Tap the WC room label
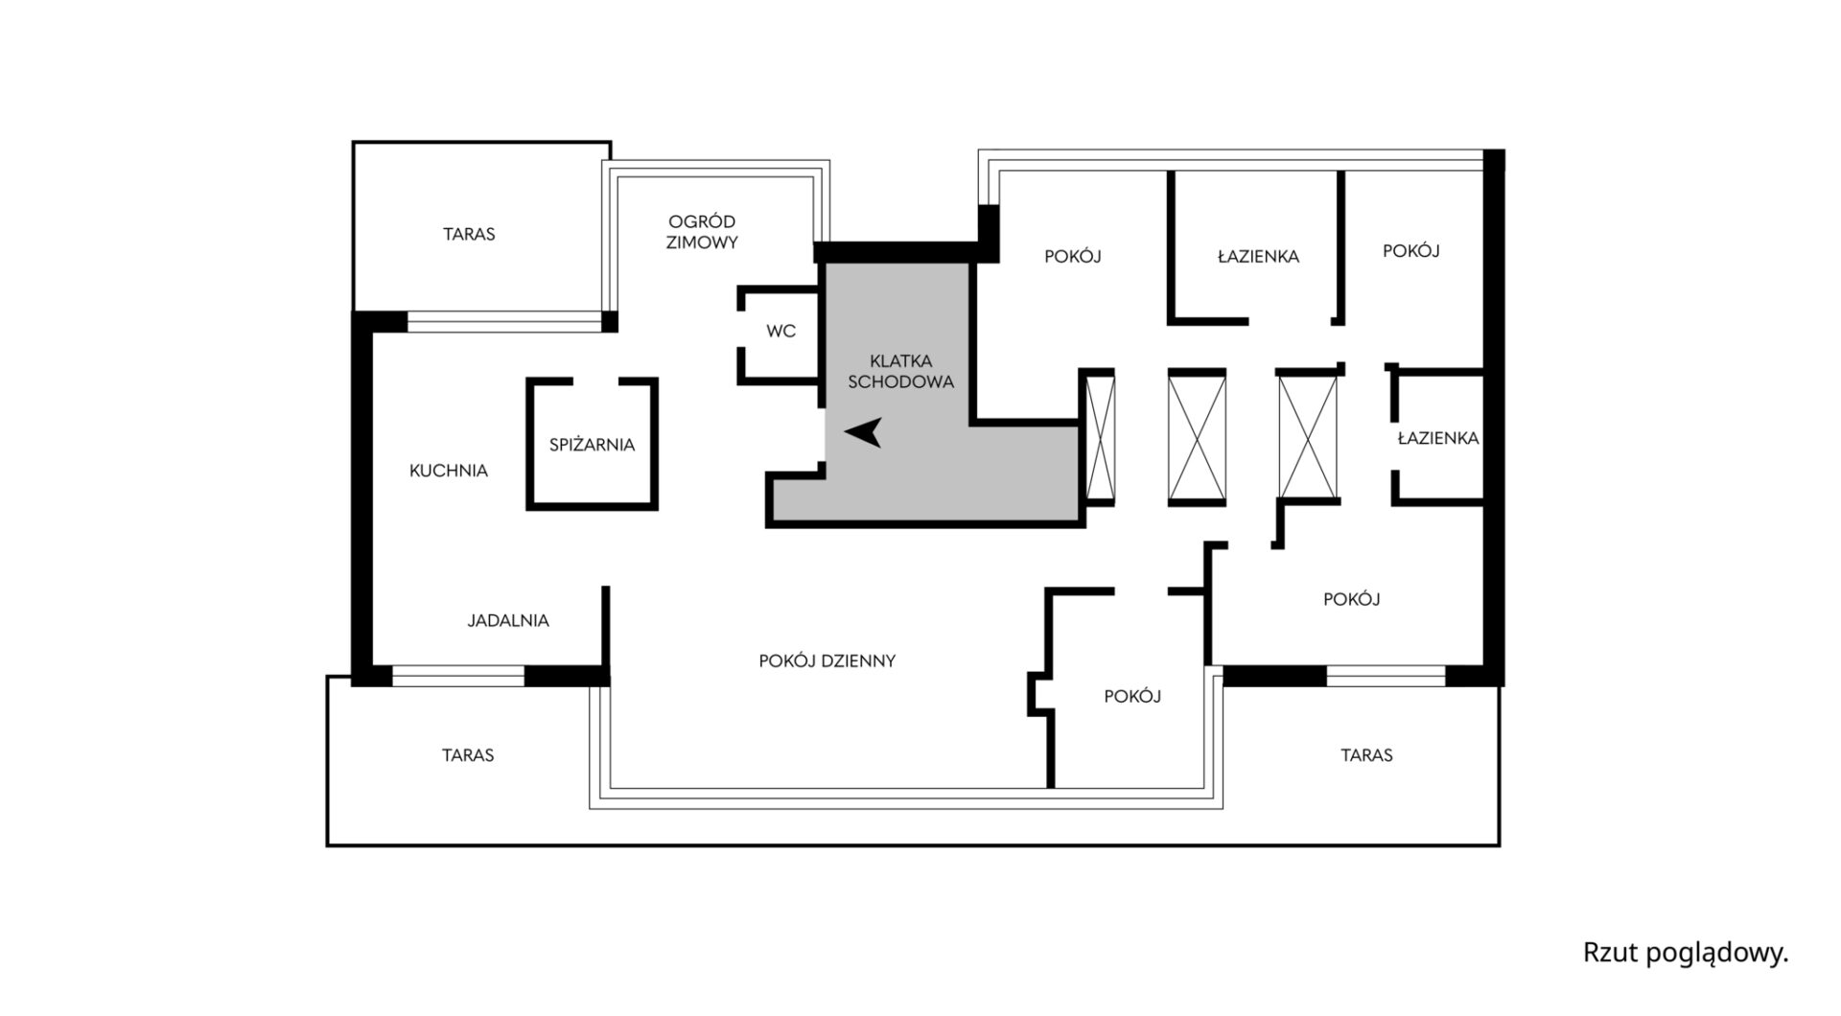(x=781, y=332)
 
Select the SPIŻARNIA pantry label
(x=592, y=445)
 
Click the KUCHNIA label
(x=448, y=471)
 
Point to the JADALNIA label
(x=508, y=621)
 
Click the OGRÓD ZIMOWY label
(x=702, y=233)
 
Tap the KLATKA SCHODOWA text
(x=900, y=372)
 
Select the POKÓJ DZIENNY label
(x=827, y=661)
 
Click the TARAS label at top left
(x=469, y=234)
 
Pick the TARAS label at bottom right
(x=1366, y=755)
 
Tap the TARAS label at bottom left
(x=468, y=755)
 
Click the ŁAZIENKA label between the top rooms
(x=1258, y=257)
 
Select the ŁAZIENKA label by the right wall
(x=1437, y=438)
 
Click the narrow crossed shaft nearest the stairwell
(x=1099, y=436)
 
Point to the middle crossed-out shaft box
(x=1197, y=437)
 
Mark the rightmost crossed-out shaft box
(x=1308, y=437)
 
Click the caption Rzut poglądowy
(x=1685, y=954)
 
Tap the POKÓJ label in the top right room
(x=1410, y=251)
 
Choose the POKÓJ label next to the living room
(x=1132, y=697)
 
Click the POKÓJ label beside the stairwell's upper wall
(x=1072, y=257)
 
